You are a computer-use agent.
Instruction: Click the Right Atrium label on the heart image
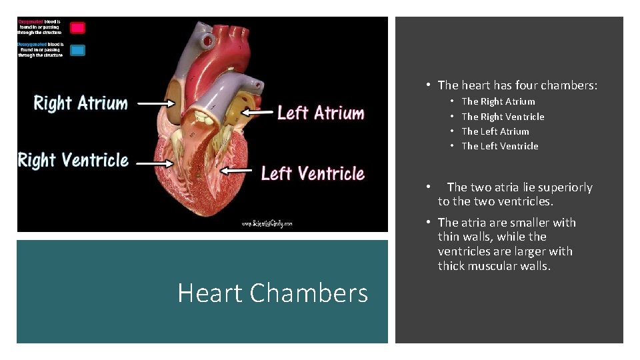(x=81, y=103)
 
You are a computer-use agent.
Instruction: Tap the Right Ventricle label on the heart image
(x=73, y=161)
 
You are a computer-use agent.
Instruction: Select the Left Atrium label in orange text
(x=321, y=113)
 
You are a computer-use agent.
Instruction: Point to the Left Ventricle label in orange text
(x=313, y=173)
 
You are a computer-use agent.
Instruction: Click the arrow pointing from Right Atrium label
(x=157, y=103)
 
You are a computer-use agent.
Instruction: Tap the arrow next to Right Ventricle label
(x=154, y=161)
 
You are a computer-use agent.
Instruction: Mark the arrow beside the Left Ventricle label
(x=237, y=171)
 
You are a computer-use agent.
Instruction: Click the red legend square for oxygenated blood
(x=78, y=28)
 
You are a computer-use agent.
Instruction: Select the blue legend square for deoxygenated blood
(x=78, y=50)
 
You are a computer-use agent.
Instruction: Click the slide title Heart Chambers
(x=273, y=293)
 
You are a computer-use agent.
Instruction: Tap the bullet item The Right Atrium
(x=498, y=101)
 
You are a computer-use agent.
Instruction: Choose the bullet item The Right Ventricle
(x=503, y=117)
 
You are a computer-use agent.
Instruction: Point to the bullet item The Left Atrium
(x=495, y=131)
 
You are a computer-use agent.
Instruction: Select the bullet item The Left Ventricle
(x=500, y=146)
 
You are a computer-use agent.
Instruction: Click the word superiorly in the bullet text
(x=566, y=187)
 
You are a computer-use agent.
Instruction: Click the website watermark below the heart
(x=267, y=224)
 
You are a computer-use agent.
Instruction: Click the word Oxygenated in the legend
(x=30, y=21)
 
